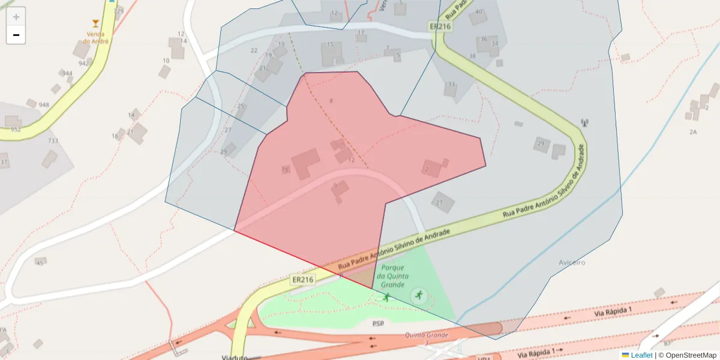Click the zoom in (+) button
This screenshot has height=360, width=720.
pyautogui.click(x=16, y=17)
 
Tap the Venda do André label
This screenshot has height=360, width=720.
pyautogui.click(x=96, y=38)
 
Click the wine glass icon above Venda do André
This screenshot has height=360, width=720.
pyautogui.click(x=95, y=23)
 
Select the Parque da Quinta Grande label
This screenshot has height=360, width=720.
pyautogui.click(x=392, y=276)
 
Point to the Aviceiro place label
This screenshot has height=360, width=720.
pyautogui.click(x=571, y=262)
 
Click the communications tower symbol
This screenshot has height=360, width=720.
pyautogui.click(x=584, y=124)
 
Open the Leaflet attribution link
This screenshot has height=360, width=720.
pyautogui.click(x=641, y=355)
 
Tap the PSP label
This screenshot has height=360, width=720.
pyautogui.click(x=377, y=323)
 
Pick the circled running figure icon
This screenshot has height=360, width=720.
pyautogui.click(x=418, y=295)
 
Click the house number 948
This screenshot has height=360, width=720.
pyautogui.click(x=44, y=105)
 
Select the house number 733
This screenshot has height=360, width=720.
pyautogui.click(x=53, y=141)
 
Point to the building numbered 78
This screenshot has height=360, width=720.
pyautogui.click(x=286, y=170)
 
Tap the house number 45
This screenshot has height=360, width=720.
pyautogui.click(x=40, y=262)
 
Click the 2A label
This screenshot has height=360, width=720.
pyautogui.click(x=693, y=131)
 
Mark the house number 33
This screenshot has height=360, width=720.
pyautogui.click(x=451, y=84)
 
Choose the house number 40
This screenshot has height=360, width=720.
pyautogui.click(x=478, y=11)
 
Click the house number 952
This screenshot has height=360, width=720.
pyautogui.click(x=16, y=129)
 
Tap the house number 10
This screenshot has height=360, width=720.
pyautogui.click(x=166, y=61)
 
